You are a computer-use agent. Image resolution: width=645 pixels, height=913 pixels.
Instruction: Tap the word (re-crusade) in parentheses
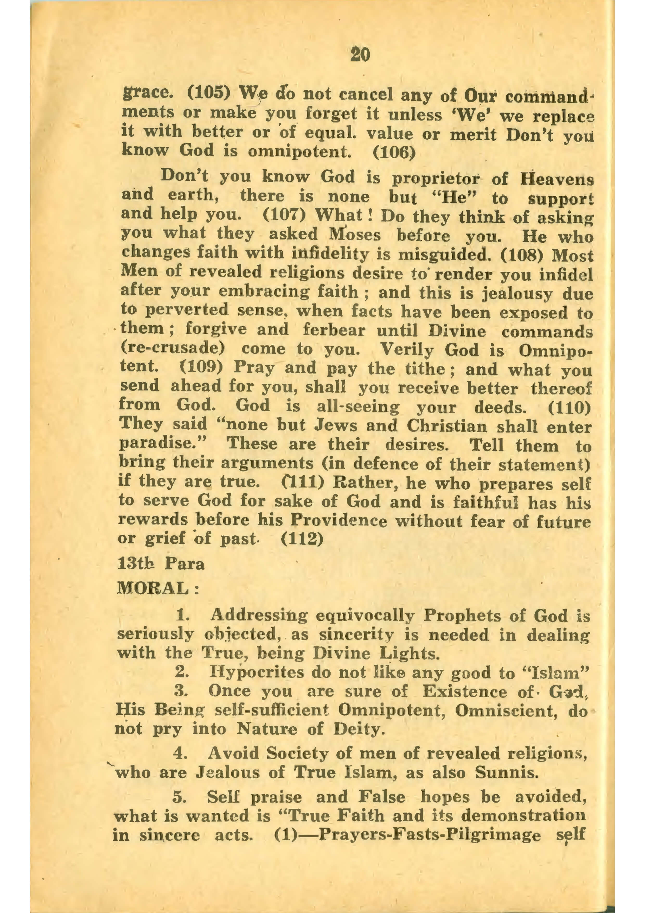[x=173, y=349]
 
